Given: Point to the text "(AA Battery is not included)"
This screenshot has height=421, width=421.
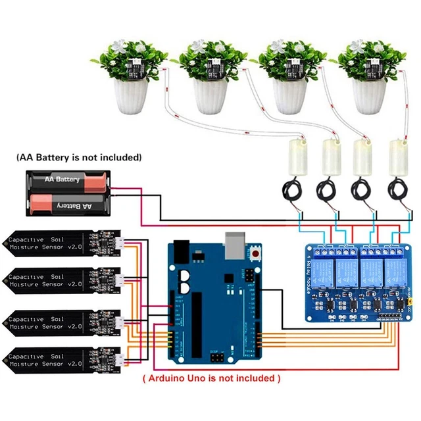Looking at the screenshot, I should [78, 158].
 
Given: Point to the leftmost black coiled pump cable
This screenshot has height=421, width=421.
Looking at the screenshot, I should [292, 191].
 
